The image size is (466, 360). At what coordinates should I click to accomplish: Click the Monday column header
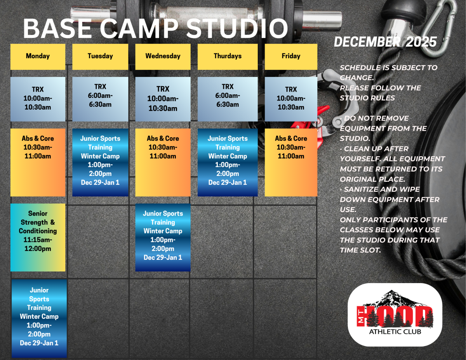pos(38,56)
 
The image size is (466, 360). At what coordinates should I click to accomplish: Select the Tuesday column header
pos(100,56)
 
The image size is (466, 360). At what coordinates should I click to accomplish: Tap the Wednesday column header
pos(163,56)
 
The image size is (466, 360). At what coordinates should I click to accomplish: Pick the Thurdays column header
pos(228,56)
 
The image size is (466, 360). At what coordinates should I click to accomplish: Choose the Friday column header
pos(291,56)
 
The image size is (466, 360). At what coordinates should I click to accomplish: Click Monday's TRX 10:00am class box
pos(38,99)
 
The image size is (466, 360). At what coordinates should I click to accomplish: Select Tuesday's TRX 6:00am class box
pos(100,99)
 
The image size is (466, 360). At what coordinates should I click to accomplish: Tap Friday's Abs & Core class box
pos(291,162)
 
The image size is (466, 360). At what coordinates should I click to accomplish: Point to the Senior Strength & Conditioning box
pos(38,237)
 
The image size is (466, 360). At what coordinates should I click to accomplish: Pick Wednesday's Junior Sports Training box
pos(163,237)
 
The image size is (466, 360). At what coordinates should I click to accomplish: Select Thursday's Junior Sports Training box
pos(228,162)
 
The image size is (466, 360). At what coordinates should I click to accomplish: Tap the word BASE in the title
pos(56,29)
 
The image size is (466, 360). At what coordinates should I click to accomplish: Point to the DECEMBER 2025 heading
pos(385,42)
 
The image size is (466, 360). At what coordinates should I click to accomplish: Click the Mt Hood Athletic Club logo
pos(395,315)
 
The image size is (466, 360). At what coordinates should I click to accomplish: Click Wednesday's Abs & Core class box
pos(163,162)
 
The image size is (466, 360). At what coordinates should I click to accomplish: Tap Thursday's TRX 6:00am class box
pos(228,99)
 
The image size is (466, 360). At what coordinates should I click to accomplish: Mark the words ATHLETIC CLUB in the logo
pos(395,332)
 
